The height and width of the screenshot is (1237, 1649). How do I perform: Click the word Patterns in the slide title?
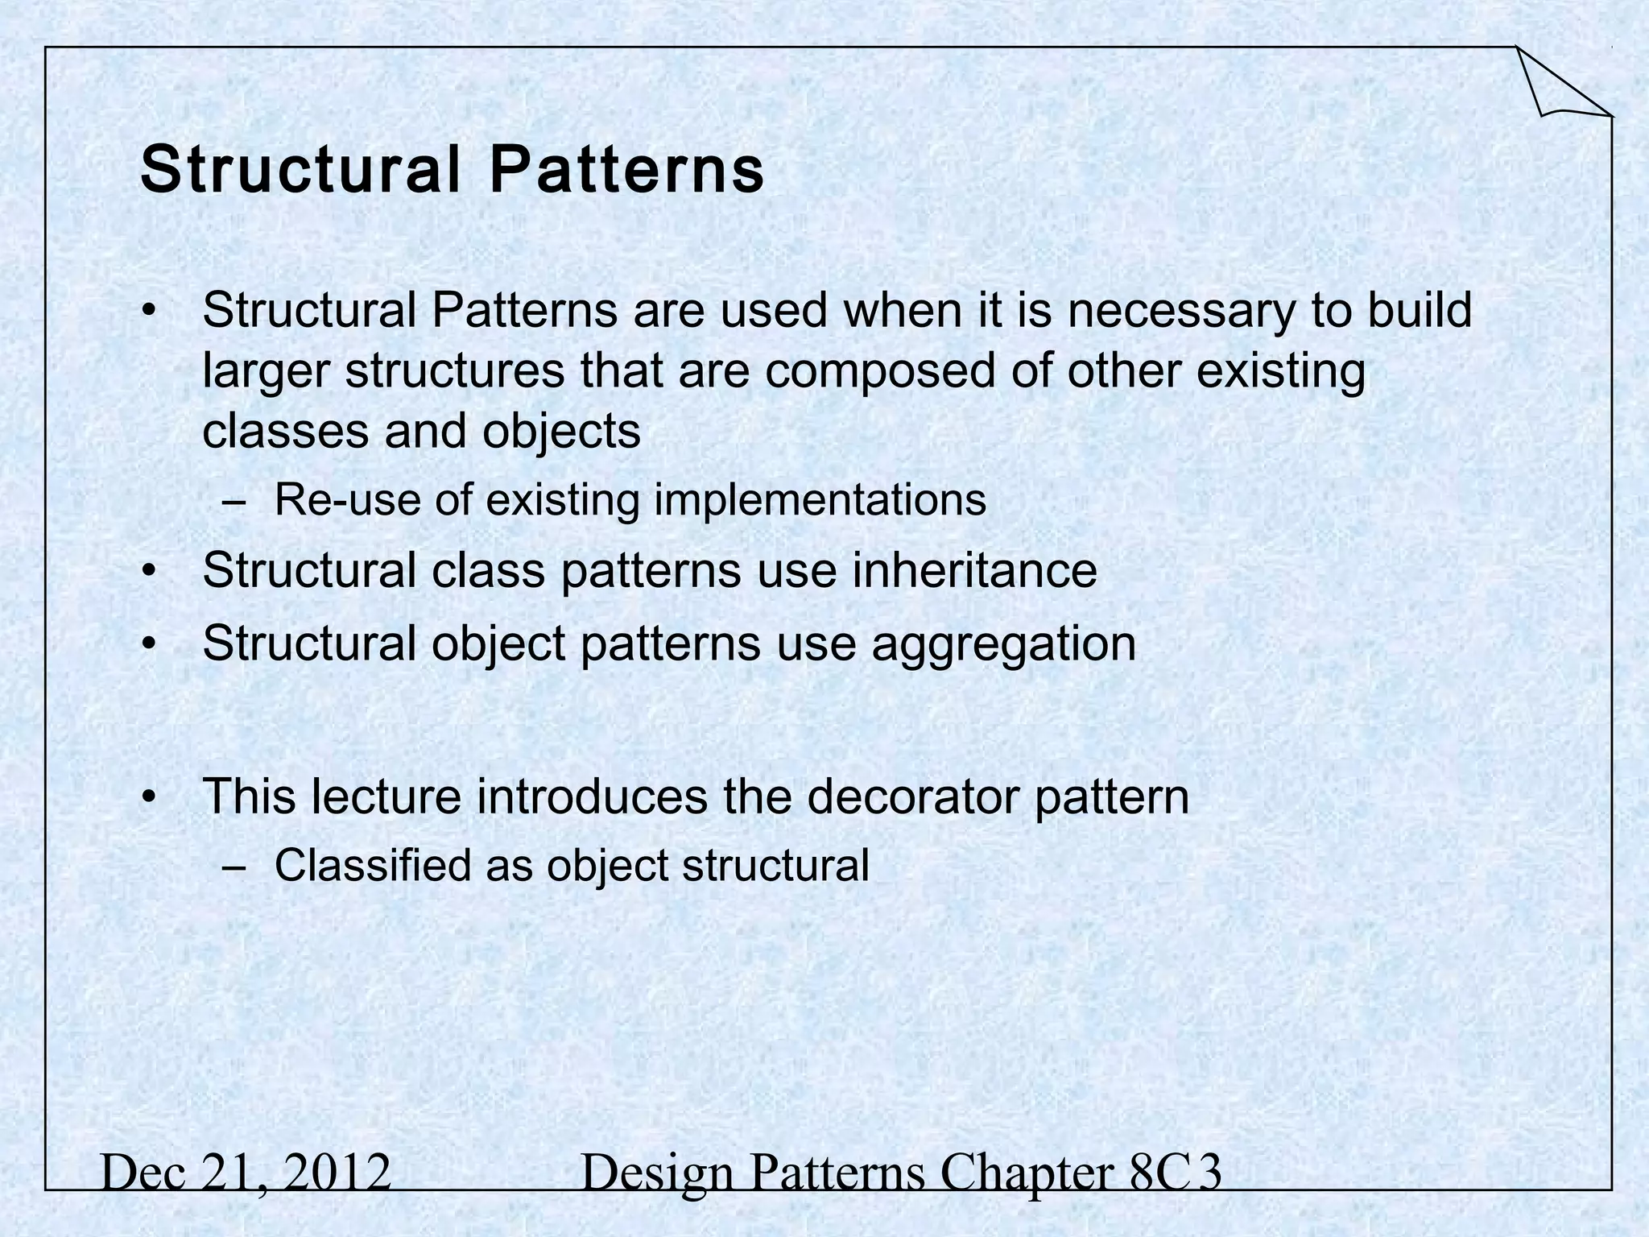click(627, 171)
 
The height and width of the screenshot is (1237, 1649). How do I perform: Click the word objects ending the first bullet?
click(561, 432)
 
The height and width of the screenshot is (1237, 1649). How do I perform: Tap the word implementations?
click(820, 500)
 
